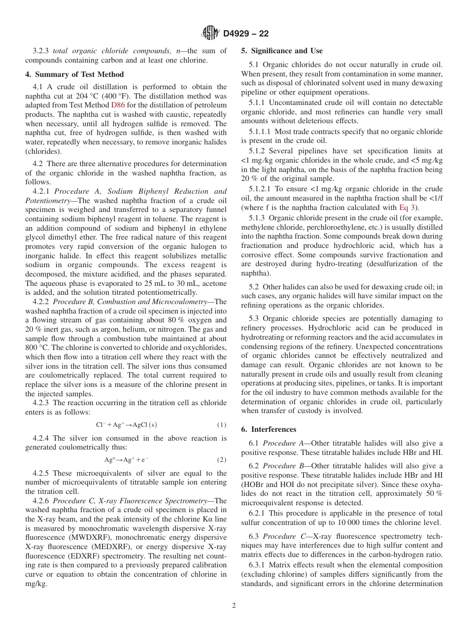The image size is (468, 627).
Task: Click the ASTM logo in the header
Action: tap(210, 34)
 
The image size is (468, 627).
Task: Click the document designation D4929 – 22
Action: tap(245, 34)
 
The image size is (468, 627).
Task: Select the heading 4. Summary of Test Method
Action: tap(74, 74)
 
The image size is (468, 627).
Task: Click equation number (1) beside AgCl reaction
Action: tap(221, 425)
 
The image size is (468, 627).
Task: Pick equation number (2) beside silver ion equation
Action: tap(221, 460)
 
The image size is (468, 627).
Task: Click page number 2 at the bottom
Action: tap(234, 606)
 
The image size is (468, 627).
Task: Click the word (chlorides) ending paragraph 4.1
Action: tap(42, 151)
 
